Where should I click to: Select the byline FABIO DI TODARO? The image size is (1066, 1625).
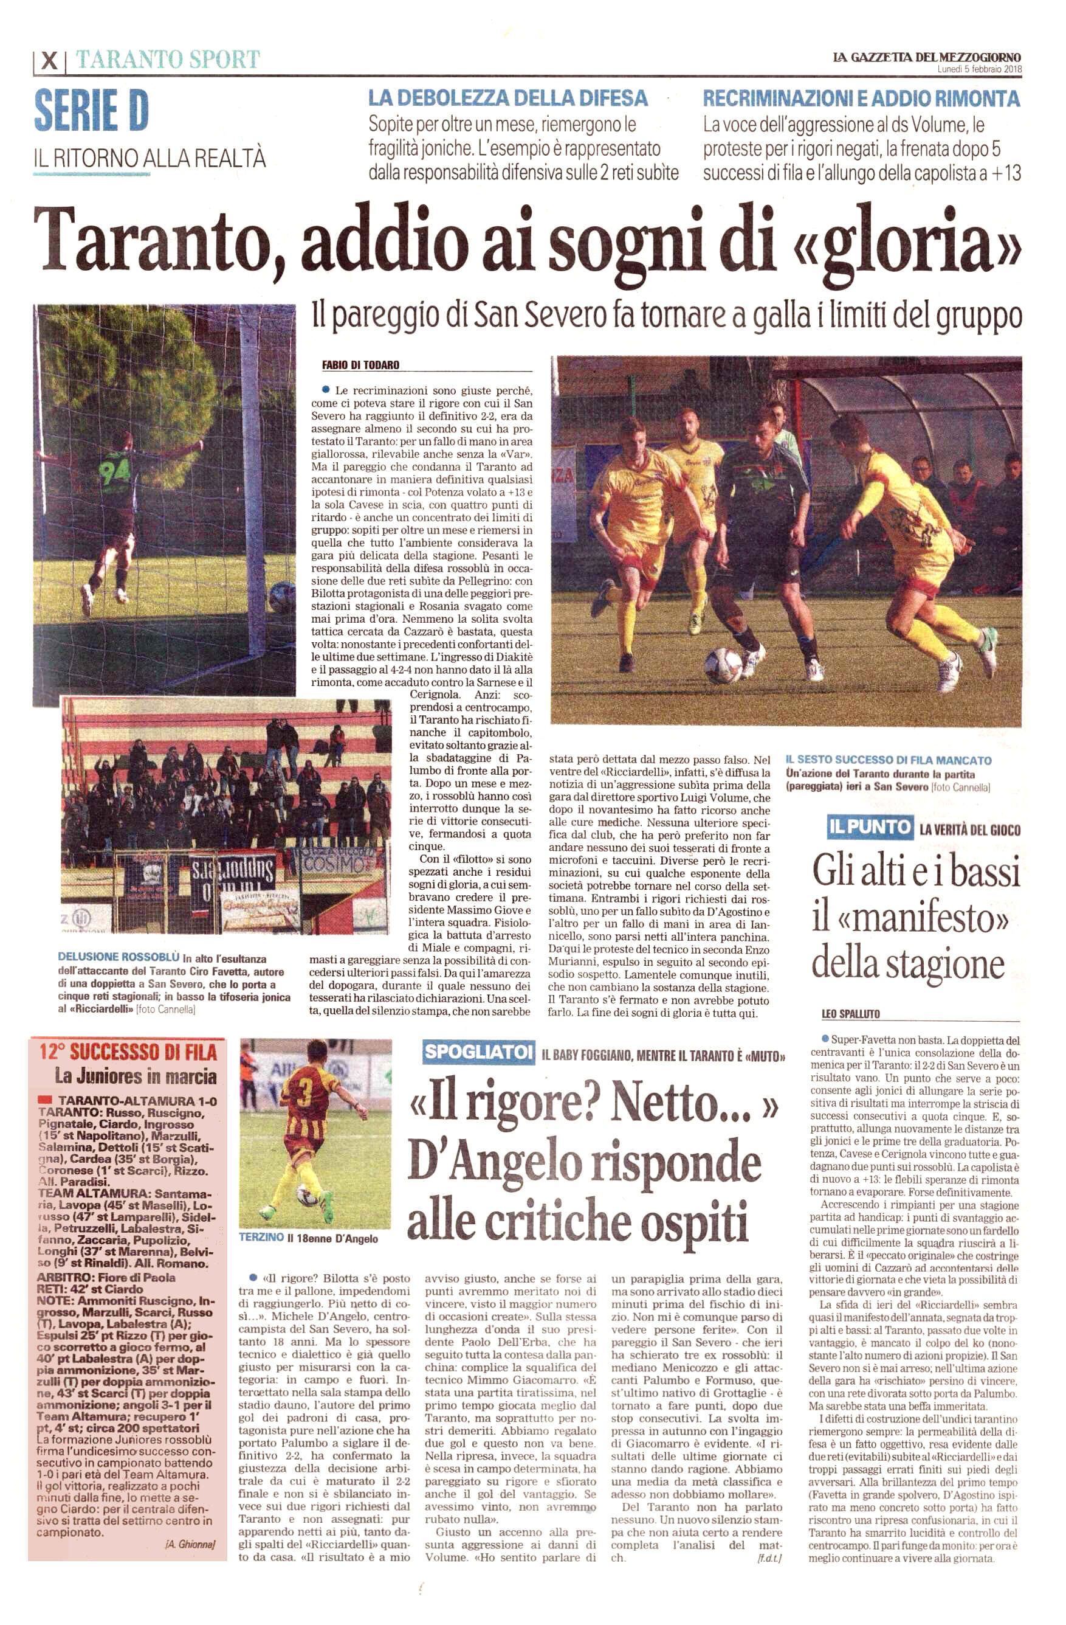click(360, 366)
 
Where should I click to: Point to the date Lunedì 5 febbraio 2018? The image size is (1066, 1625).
click(978, 69)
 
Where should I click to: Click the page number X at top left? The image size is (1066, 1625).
click(49, 61)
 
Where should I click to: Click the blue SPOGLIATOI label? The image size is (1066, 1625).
click(478, 1052)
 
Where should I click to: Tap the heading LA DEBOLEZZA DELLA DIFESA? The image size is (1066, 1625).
click(507, 99)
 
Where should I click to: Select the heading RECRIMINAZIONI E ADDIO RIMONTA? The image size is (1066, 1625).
click(861, 99)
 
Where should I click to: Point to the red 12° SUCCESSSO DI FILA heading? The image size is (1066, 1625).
click(128, 1052)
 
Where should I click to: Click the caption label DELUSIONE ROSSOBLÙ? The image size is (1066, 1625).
click(119, 957)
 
